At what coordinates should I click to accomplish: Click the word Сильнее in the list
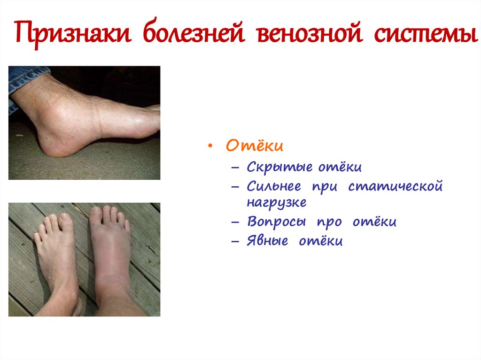point(274,187)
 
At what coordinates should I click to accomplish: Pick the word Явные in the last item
point(267,241)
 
